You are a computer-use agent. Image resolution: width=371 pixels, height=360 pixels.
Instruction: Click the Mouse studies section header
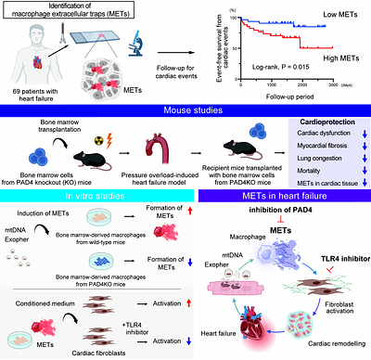click(185, 110)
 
